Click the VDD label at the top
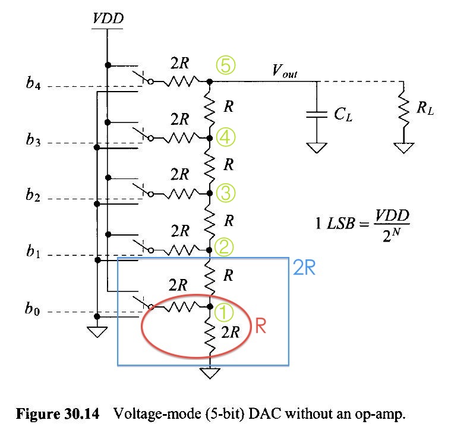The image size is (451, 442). [x=108, y=19]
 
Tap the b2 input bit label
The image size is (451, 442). [x=34, y=197]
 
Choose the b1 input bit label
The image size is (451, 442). [x=34, y=255]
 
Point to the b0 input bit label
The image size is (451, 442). [x=34, y=310]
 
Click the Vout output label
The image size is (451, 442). [x=285, y=72]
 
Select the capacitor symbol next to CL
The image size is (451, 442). [x=316, y=115]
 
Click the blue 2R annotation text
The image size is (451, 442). [x=304, y=268]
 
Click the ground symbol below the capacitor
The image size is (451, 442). [x=316, y=147]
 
